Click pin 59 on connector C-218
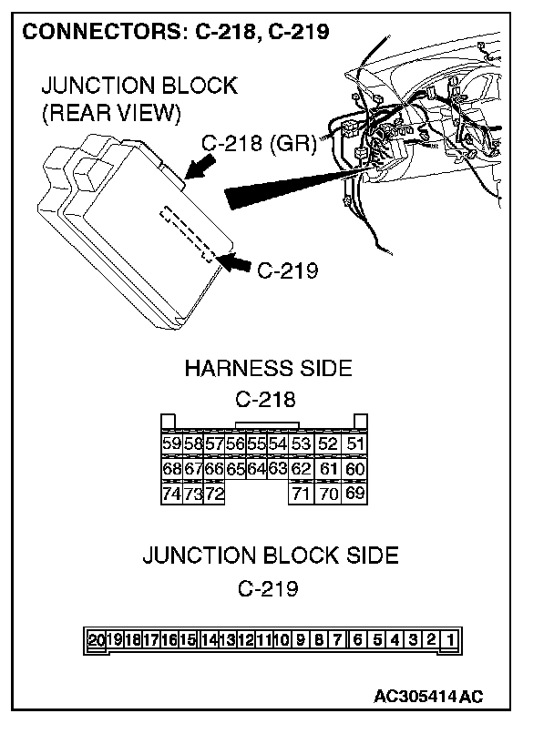click(x=169, y=444)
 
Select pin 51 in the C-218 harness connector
click(x=356, y=444)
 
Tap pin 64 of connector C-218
click(x=257, y=469)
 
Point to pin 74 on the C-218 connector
click(x=169, y=494)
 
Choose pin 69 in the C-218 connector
click(x=356, y=494)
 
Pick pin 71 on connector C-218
click(x=301, y=494)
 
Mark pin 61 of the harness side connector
click(x=329, y=469)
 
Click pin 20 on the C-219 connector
click(x=97, y=639)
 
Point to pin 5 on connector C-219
click(x=377, y=639)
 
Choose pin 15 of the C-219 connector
click(x=188, y=639)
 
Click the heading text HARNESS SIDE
click(x=268, y=369)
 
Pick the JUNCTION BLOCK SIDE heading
click(x=270, y=556)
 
